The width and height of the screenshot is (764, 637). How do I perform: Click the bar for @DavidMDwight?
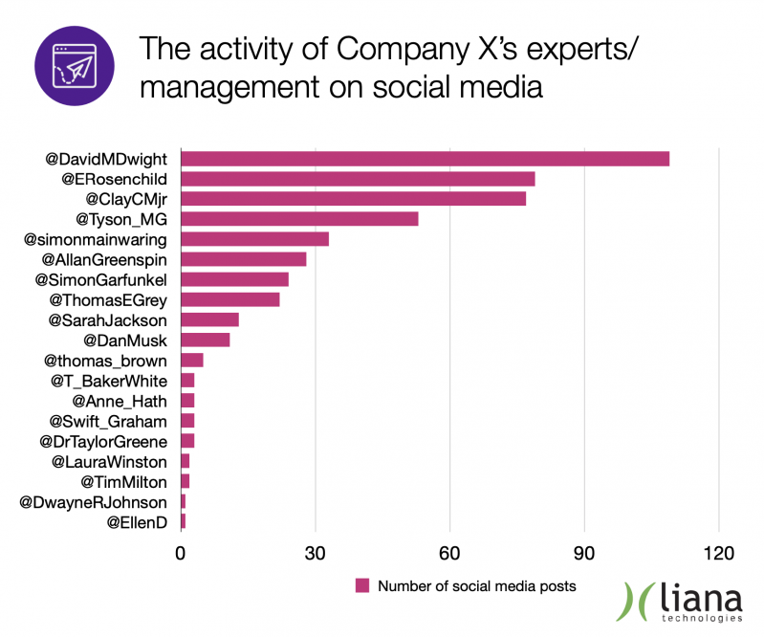pos(425,159)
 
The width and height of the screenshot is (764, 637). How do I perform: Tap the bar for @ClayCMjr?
pos(353,199)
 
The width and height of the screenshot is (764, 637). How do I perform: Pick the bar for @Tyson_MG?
pos(299,219)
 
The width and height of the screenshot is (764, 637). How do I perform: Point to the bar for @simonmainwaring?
pos(254,239)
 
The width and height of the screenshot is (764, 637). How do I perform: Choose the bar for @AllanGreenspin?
pos(243,259)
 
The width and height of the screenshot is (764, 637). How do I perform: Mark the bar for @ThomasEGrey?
pos(229,300)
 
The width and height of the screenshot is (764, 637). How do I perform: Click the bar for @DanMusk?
pos(205,340)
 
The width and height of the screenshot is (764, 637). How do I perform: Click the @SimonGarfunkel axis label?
pos(101,279)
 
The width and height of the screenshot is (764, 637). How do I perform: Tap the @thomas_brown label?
pos(105,361)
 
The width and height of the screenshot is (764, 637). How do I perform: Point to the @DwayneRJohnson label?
pos(94,502)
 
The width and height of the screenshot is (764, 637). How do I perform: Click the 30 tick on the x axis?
pos(316,552)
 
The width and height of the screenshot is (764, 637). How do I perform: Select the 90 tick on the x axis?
pos(584,552)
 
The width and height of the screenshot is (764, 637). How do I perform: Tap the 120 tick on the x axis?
pos(719,552)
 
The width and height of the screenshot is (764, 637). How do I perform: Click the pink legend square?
pos(362,585)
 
